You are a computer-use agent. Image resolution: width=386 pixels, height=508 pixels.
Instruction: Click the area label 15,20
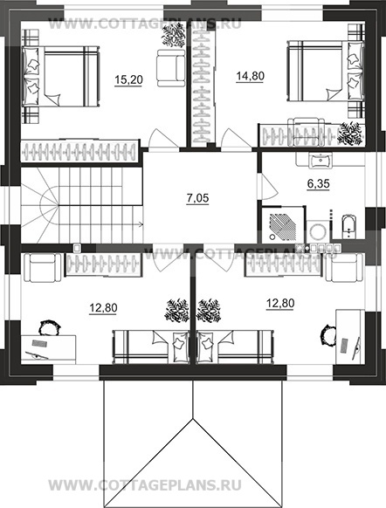(128, 79)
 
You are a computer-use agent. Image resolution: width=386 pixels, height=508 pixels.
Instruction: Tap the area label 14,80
(251, 76)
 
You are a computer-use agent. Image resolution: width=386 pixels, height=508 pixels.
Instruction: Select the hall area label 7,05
(197, 198)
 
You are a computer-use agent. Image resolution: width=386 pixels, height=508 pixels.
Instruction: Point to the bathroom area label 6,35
(318, 183)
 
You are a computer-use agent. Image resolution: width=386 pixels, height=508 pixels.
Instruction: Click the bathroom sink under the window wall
(321, 161)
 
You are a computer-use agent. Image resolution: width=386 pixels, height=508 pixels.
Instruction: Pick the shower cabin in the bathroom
(282, 224)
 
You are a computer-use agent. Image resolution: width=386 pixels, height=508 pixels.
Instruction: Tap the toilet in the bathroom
(348, 226)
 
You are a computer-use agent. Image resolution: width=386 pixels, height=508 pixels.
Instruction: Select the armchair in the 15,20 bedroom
(170, 68)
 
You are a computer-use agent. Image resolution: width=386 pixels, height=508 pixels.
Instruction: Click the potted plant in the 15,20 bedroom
(174, 36)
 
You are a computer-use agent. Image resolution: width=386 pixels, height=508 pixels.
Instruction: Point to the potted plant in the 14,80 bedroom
(349, 133)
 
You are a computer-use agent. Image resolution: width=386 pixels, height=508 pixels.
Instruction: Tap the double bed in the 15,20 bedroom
(60, 76)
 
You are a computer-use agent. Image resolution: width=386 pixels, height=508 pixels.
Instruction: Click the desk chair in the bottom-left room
(49, 327)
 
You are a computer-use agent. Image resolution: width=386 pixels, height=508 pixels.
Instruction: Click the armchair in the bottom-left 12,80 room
(43, 268)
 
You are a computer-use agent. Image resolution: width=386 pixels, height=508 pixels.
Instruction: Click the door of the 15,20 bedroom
(163, 140)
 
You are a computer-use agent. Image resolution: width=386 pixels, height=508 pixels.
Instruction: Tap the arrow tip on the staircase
(142, 223)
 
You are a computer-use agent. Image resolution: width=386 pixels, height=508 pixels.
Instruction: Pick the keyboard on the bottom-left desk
(39, 343)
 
